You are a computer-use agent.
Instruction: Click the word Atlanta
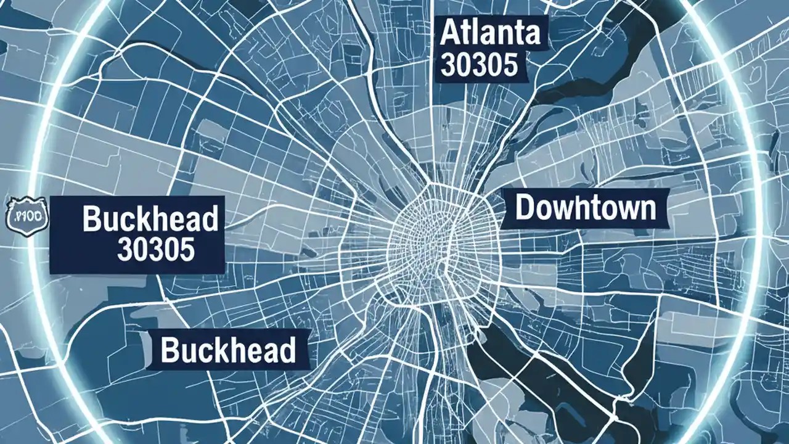491,34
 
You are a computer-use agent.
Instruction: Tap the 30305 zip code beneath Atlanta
480,65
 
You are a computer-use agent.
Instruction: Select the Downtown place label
585,208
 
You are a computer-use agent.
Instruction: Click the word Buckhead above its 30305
150,220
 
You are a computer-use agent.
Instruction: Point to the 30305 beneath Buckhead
155,249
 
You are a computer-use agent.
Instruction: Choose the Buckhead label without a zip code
227,350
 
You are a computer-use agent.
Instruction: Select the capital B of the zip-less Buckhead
171,350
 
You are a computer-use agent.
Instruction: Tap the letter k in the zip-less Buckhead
225,350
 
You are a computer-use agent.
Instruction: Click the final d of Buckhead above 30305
210,220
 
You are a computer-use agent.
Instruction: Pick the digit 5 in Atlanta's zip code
510,65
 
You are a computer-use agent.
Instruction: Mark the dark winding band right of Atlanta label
592,74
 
